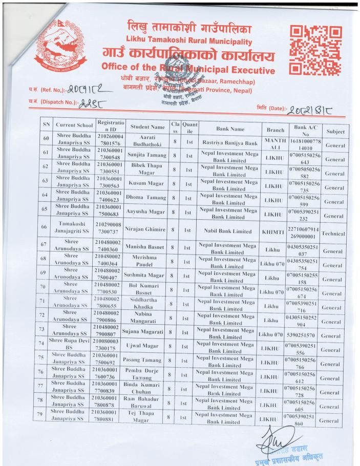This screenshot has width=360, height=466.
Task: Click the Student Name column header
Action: pos(147,126)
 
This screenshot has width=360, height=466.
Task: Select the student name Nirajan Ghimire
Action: pos(147,230)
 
